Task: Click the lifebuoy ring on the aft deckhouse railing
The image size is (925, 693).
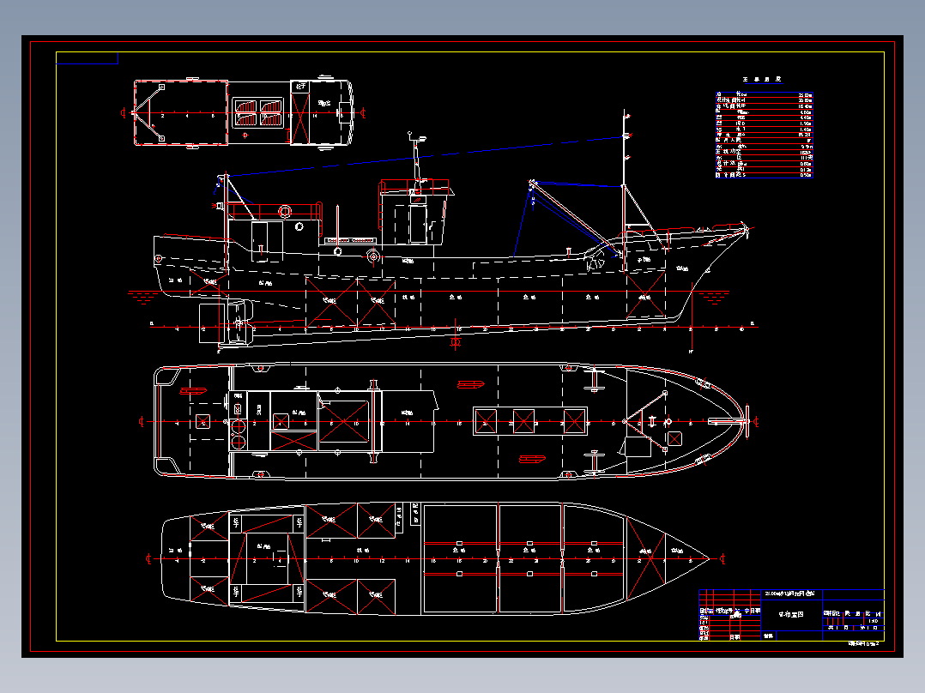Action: (x=285, y=210)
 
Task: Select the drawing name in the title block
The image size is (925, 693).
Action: (x=790, y=614)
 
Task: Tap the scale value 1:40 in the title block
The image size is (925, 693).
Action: (x=874, y=621)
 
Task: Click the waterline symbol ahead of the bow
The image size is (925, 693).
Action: (x=714, y=298)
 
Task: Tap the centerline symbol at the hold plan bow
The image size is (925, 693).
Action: (x=722, y=559)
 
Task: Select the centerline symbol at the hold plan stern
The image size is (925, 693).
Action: (x=148, y=559)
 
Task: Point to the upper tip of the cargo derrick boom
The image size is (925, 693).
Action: (x=533, y=183)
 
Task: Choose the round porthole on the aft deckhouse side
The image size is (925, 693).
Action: (x=299, y=227)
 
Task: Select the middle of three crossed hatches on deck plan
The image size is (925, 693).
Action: (x=523, y=421)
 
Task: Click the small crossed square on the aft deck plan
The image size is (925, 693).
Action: (x=203, y=421)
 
